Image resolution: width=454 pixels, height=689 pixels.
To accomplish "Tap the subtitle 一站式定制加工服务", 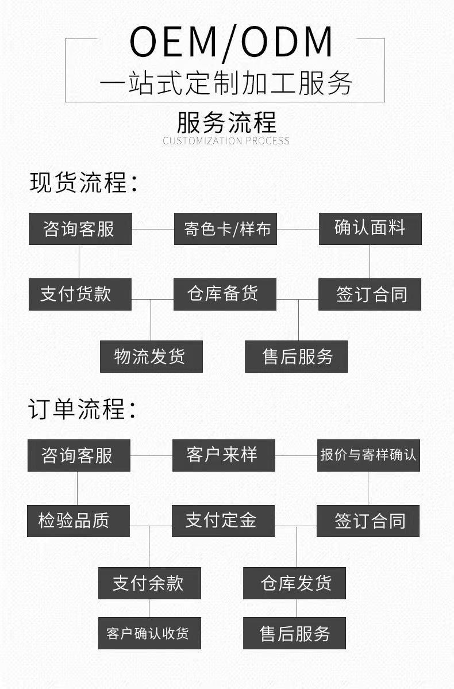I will pos(226,84).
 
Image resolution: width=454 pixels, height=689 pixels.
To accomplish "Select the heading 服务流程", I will pos(226,122).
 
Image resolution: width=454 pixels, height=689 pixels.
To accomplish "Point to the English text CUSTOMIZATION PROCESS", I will pos(226,141).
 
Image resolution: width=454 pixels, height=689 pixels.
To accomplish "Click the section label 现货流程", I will pos(84,182).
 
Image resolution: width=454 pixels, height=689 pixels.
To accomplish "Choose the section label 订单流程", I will pos(84,409).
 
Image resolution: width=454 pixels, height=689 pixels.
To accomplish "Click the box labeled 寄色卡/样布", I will pos(225,229).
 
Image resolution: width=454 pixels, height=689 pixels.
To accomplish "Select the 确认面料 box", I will pos(370,229).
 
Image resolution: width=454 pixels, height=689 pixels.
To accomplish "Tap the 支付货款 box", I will pos(80,294).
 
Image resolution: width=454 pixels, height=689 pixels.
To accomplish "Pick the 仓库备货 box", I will pos(225,294).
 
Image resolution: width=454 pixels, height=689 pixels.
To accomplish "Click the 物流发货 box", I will pos(151,357).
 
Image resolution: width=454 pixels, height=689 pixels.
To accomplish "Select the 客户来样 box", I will pos(224,455).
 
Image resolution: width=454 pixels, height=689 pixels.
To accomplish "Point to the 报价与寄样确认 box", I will pos(368,455).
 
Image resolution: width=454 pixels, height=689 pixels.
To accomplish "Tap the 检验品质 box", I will pos(78,521).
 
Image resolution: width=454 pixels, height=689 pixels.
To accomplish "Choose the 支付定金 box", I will pos(223,521).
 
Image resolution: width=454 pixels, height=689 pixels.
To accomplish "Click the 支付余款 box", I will pos(149,583).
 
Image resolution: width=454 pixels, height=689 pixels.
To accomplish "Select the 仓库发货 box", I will pos(294,583).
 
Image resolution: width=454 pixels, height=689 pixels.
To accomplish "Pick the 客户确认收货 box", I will pos(149,633).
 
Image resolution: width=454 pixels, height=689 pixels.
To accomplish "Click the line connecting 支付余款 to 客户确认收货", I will pos(149,608).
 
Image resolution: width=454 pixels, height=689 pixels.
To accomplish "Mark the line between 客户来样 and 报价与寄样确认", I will pos(296,455).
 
